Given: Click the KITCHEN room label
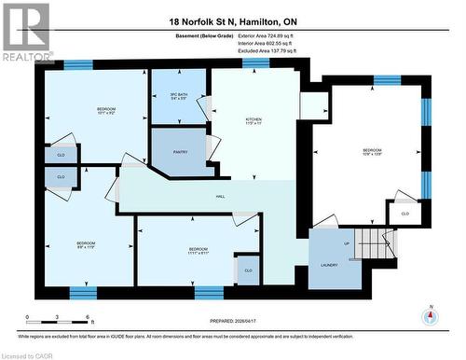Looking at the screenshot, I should pos(254,120).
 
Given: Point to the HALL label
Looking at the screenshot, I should pos(221,196).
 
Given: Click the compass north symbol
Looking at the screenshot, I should pos(430,315).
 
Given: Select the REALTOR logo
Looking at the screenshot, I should pos(26,32).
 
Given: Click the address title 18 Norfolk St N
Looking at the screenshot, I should pos(233,20).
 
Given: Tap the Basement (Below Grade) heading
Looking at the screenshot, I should pos(184,35).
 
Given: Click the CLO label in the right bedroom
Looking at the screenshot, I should pos(404,214).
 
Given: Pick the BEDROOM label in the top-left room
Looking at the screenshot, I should pos(106,111).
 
